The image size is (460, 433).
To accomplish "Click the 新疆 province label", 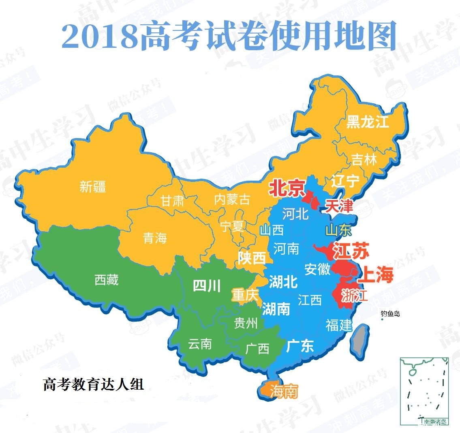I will [x=93, y=187].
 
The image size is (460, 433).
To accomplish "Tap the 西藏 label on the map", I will [x=106, y=279].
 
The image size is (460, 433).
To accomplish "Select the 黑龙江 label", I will [x=367, y=122].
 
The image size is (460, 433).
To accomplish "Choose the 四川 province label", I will [x=207, y=286].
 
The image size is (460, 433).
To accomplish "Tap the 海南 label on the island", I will [x=284, y=391].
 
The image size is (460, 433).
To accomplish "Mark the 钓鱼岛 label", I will [x=390, y=314].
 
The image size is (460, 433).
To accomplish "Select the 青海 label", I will [x=155, y=238].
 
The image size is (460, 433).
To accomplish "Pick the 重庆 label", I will [x=245, y=295].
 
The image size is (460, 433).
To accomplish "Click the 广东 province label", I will [x=300, y=346].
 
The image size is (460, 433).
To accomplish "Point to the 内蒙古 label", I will [x=232, y=199].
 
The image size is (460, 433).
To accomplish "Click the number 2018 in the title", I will [x=99, y=37].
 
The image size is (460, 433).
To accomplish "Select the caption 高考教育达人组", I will [x=93, y=384].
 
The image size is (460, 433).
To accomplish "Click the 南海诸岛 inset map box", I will [x=424, y=391].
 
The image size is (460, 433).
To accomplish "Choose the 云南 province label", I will [x=200, y=344].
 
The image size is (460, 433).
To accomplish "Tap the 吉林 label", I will [x=364, y=159].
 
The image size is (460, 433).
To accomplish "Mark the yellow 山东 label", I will [x=338, y=230].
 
